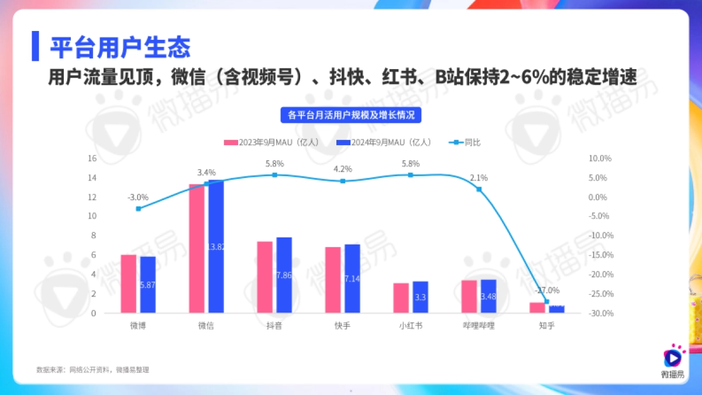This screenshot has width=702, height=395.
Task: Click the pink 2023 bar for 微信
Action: [197, 248]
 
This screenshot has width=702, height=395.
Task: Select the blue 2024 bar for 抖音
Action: [284, 274]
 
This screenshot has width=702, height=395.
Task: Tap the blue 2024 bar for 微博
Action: [147, 284]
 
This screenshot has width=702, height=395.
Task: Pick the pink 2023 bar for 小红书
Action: [401, 298]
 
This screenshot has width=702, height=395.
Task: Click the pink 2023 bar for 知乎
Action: [537, 307]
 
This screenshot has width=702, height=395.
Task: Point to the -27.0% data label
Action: [547, 290]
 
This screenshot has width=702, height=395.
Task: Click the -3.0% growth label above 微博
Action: [137, 197]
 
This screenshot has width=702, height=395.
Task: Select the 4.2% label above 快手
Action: [343, 169]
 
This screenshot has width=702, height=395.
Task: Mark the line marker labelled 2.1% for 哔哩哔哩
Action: [479, 189]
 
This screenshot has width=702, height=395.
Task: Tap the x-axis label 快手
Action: [343, 326]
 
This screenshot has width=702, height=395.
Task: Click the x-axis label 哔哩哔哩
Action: [479, 326]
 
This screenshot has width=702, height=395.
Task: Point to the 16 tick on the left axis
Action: [91, 159]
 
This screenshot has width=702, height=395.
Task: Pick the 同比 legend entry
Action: [467, 142]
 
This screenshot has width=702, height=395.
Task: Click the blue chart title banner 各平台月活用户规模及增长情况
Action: [351, 115]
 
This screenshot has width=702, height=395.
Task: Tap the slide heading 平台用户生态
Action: [119, 47]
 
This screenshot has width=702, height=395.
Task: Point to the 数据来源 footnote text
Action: [92, 369]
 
